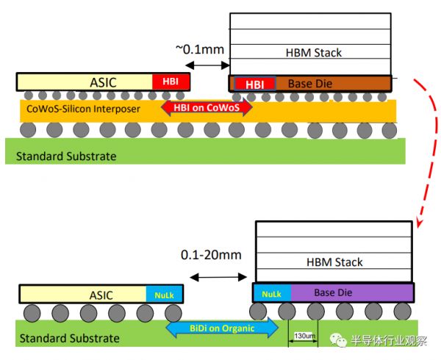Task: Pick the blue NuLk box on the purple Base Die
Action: click(x=271, y=292)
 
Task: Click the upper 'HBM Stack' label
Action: click(x=313, y=53)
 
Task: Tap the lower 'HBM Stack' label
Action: click(x=334, y=262)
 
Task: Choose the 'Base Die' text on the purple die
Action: click(x=334, y=292)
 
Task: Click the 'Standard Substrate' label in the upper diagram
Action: click(x=60, y=156)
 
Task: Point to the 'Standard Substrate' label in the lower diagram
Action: click(x=69, y=338)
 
